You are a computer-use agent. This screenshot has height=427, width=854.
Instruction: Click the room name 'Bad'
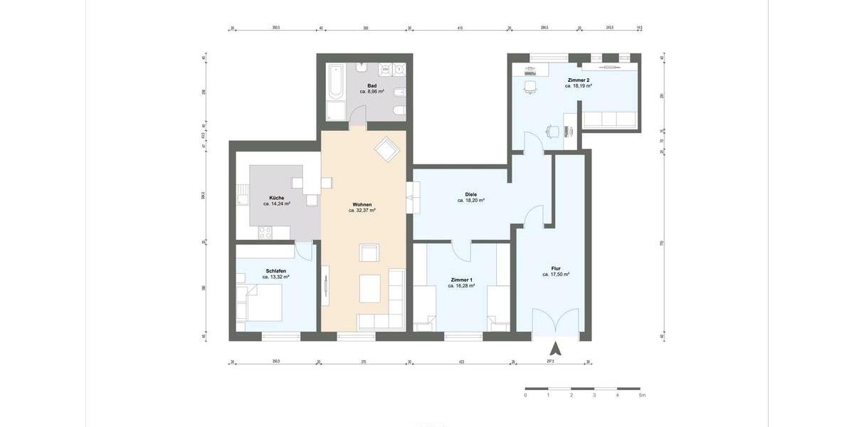(371, 85)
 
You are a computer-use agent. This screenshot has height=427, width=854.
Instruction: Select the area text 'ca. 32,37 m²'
(362, 211)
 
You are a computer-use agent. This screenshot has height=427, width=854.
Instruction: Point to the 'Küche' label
(276, 197)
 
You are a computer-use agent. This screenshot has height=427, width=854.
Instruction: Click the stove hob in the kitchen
(265, 233)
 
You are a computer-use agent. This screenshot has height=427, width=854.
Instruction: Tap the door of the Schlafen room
(304, 251)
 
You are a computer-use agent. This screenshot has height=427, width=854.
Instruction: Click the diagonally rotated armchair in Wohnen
(388, 149)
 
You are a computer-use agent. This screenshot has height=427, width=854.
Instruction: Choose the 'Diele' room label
(470, 194)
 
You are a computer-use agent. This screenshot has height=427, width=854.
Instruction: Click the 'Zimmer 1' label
(461, 279)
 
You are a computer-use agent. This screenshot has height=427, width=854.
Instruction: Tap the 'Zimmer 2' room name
(578, 79)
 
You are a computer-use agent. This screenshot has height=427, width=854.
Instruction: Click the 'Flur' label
(555, 268)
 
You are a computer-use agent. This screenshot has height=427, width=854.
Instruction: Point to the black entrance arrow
(556, 349)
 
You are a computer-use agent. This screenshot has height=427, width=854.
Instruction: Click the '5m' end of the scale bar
(642, 394)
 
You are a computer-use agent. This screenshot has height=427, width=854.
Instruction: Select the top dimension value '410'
(460, 28)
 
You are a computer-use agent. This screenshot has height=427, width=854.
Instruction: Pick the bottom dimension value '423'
(461, 362)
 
